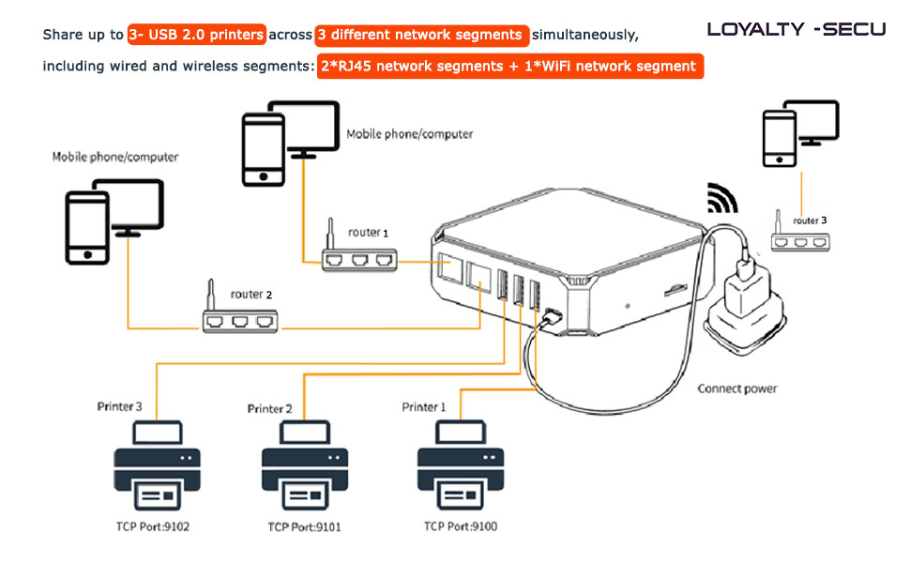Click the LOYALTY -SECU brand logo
(796, 28)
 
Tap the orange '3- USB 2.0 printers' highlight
(197, 35)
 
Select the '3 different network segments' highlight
(422, 35)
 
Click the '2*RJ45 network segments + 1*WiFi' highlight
(510, 67)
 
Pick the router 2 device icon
(240, 319)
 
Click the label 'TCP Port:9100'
(460, 526)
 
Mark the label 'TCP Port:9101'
(304, 527)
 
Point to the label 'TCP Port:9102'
(153, 526)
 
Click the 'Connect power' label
(736, 388)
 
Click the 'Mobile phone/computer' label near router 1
(410, 134)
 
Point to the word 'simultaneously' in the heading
(585, 35)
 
